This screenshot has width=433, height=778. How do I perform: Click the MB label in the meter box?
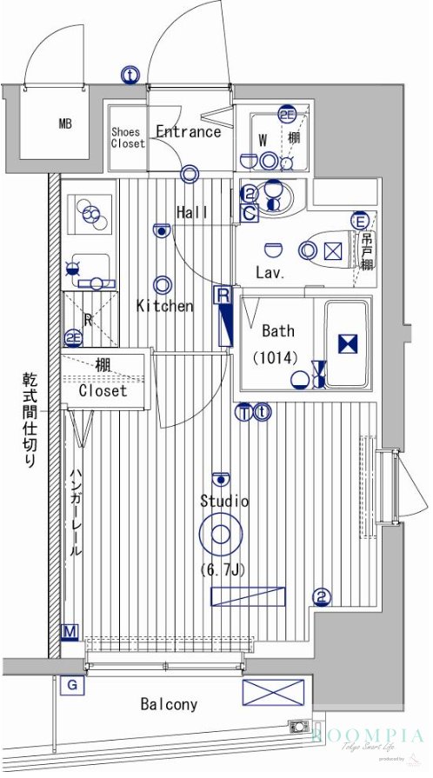[65, 123]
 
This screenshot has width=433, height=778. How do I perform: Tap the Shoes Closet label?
[127, 137]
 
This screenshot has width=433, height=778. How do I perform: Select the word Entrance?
[188, 131]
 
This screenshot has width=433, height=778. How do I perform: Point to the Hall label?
[191, 212]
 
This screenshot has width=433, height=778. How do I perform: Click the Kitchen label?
[163, 306]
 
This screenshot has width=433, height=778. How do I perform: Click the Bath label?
[277, 330]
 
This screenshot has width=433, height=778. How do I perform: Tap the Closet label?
[103, 390]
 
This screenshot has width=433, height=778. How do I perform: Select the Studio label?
[223, 502]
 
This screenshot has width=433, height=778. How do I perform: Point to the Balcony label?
[169, 704]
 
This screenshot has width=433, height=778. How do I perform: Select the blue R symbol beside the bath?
[223, 296]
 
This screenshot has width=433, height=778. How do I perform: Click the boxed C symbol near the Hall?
[249, 211]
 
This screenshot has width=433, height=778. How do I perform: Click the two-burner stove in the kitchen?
[90, 212]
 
